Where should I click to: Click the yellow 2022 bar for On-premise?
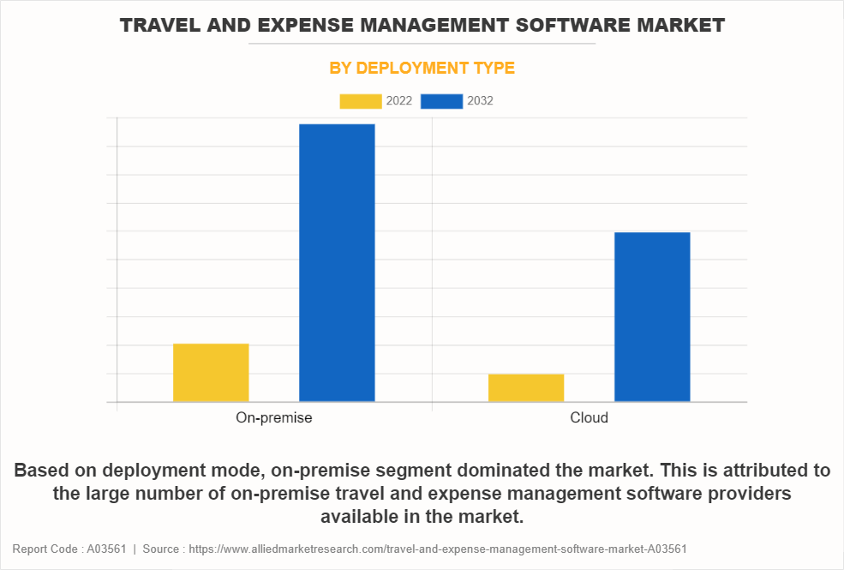211,373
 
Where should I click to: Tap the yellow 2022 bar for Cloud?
526,387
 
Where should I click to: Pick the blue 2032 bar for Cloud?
652,317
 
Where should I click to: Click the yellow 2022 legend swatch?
361,101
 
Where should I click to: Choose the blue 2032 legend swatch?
442,101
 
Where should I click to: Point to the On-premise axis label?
274,418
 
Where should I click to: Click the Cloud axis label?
589,418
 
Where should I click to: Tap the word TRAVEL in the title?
156,26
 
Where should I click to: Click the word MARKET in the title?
686,26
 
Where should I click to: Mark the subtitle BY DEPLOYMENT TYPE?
422,68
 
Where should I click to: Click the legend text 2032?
480,101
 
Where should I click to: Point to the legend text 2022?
399,101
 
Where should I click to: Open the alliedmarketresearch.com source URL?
436,549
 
